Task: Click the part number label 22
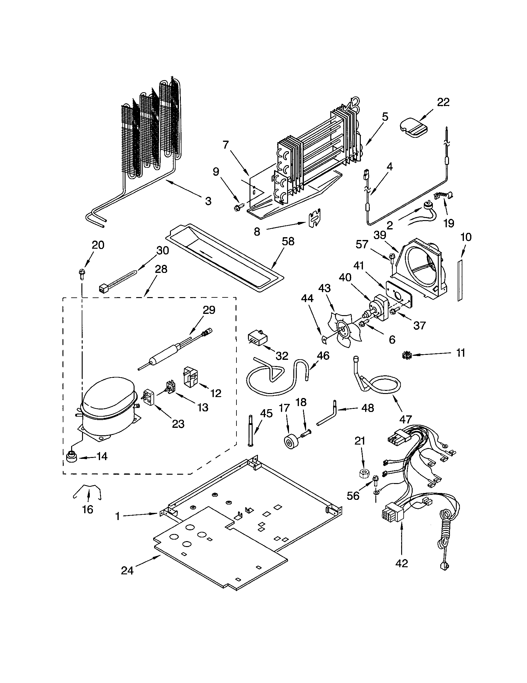point(443,102)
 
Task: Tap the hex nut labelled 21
point(364,473)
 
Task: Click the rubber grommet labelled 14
point(72,458)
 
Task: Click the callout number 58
point(288,242)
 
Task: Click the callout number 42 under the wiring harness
point(402,563)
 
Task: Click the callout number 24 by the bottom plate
point(127,571)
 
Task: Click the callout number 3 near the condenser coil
point(208,201)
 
